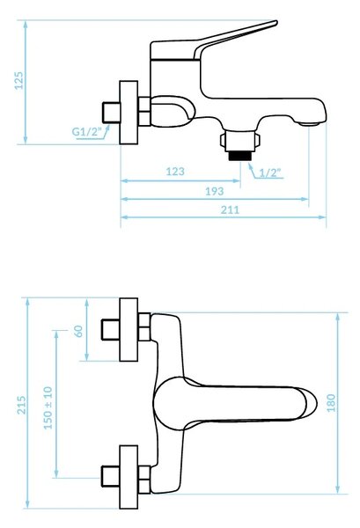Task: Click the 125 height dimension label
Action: click(19, 80)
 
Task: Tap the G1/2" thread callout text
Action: click(86, 132)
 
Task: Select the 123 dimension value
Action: click(175, 172)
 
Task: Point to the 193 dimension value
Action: click(215, 191)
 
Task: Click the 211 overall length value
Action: click(230, 209)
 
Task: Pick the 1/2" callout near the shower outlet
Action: click(270, 172)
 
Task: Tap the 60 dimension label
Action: click(78, 331)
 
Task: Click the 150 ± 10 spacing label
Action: click(48, 407)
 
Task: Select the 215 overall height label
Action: click(21, 405)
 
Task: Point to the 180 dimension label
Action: click(331, 403)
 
